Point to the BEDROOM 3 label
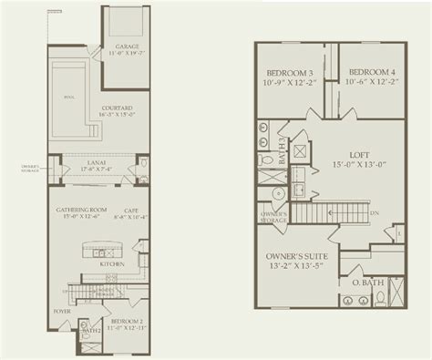pyautogui.click(x=290, y=71)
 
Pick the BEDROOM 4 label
pyautogui.click(x=371, y=71)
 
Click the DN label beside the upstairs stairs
pyautogui.click(x=374, y=214)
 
